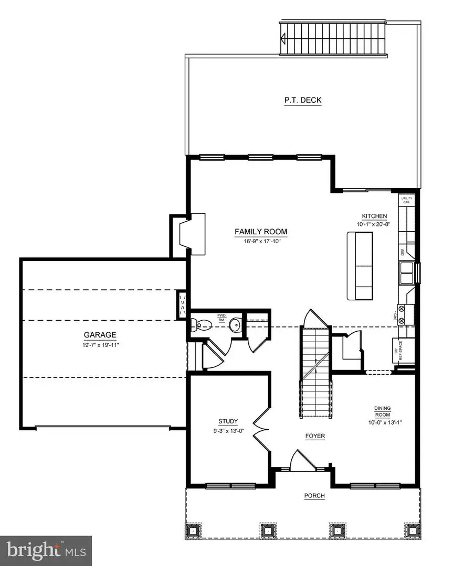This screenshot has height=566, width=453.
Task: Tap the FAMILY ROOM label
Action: click(261, 232)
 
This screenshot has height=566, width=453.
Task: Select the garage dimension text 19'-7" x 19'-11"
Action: click(100, 345)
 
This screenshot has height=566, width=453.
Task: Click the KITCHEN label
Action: click(374, 216)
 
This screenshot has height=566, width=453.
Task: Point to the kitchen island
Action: click(360, 266)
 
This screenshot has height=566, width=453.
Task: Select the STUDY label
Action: click(228, 421)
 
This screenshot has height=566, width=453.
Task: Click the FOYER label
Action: click(315, 436)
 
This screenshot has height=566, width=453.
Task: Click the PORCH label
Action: click(315, 496)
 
